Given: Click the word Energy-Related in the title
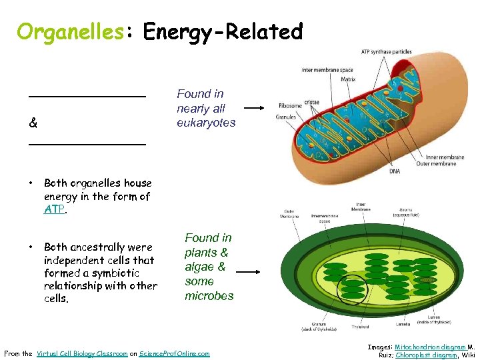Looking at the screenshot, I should click(x=223, y=31).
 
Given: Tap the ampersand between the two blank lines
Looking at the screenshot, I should click(x=33, y=123).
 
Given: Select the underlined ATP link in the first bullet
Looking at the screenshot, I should click(x=53, y=209).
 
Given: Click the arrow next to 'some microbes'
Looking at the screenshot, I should click(x=248, y=271).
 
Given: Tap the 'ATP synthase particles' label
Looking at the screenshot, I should click(x=386, y=52).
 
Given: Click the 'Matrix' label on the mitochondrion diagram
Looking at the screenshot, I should click(x=348, y=79).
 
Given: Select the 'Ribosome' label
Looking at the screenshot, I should click(x=290, y=105).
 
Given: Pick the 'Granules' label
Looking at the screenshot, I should click(x=286, y=117).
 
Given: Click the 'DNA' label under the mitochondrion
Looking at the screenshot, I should click(x=395, y=171).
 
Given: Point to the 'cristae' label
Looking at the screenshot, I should click(x=312, y=102).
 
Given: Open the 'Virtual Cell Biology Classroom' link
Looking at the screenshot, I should click(x=82, y=353).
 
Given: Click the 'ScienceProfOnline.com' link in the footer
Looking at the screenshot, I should click(x=175, y=353).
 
